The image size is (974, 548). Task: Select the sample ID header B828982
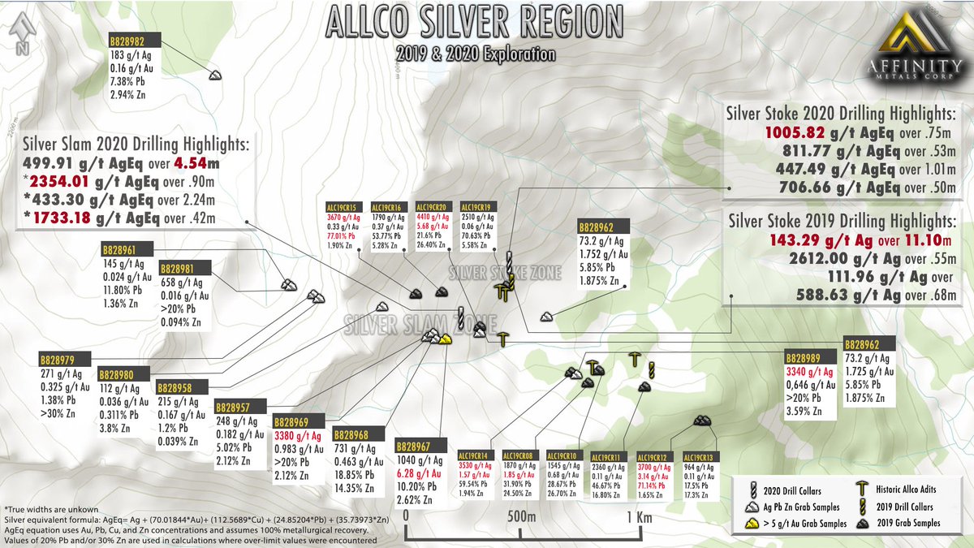pyautogui.click(x=134, y=41)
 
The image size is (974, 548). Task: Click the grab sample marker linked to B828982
pyautogui.click(x=215, y=75)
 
